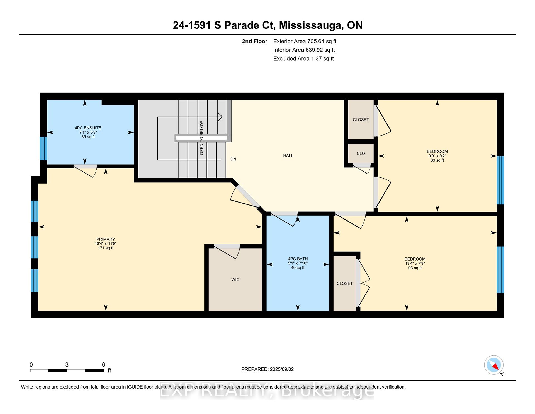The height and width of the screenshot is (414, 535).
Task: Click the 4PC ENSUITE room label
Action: (x=88, y=128)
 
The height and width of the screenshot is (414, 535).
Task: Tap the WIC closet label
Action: (x=235, y=280)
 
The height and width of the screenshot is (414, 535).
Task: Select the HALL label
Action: (x=288, y=156)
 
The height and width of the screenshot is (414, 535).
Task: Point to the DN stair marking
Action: (x=233, y=159)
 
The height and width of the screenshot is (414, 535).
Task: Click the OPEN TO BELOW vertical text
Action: (x=201, y=138)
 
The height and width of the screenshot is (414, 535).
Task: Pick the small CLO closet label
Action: (x=361, y=153)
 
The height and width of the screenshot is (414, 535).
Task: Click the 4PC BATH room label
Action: (x=298, y=259)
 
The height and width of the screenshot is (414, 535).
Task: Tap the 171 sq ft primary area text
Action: (x=106, y=248)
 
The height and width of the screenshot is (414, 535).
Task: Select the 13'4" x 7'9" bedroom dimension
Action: (x=415, y=263)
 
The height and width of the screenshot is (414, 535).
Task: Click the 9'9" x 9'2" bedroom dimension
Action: (x=437, y=156)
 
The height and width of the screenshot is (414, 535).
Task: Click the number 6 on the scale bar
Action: (x=103, y=365)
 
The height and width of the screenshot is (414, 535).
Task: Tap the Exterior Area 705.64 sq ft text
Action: (x=305, y=41)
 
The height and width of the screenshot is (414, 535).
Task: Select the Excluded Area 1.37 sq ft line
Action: (x=303, y=59)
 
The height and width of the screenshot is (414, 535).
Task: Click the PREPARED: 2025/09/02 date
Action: (x=267, y=369)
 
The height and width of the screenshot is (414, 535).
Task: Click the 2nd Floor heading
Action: (x=254, y=41)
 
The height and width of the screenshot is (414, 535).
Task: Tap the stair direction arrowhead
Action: (x=220, y=117)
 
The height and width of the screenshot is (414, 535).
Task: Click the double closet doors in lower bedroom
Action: (x=364, y=283)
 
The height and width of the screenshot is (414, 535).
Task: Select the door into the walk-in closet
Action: (x=227, y=250)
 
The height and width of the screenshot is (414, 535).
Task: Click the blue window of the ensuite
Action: (x=43, y=148)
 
